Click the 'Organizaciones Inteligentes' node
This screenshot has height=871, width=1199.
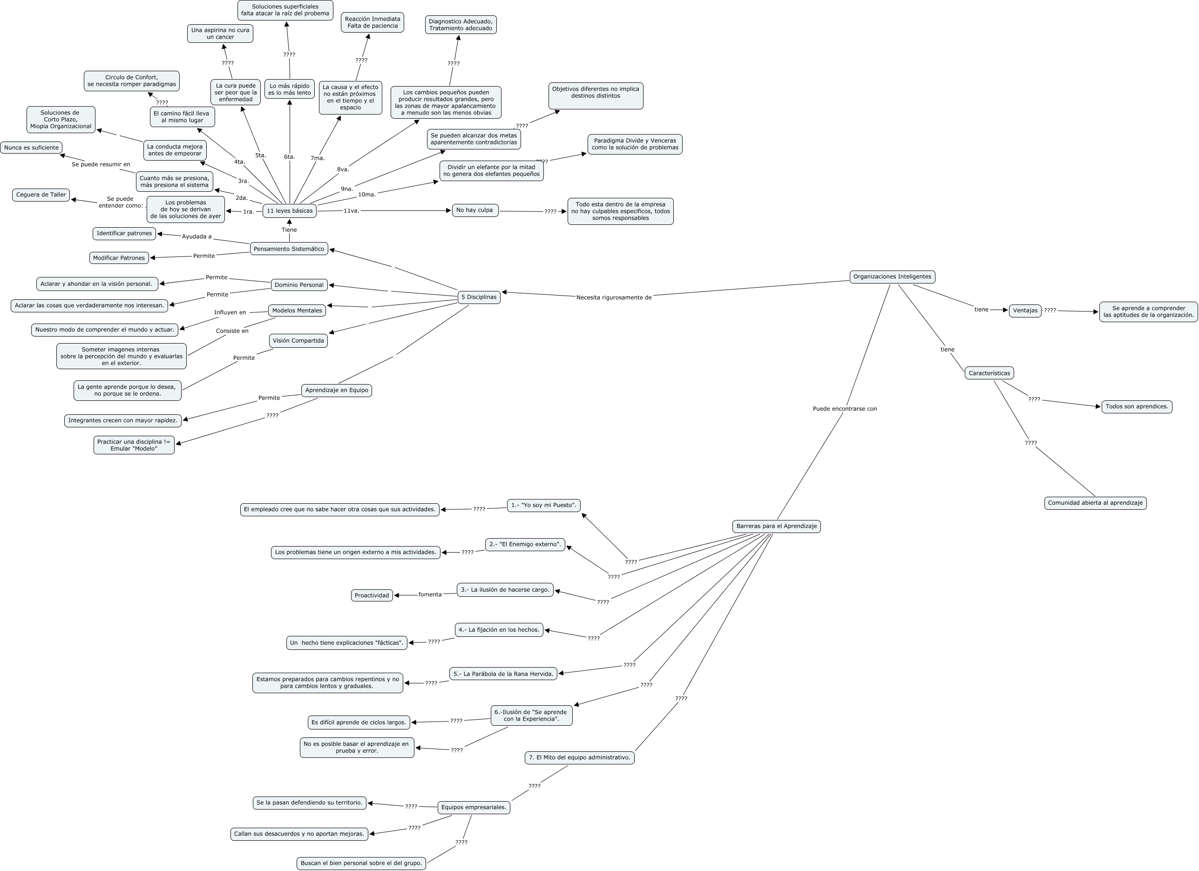pos(892,277)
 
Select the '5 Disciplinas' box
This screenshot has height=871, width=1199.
pos(479,297)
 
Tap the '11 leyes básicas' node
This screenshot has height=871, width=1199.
pos(290,211)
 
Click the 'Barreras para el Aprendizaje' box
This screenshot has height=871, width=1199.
pos(776,526)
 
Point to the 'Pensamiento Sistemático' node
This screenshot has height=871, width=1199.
pos(289,249)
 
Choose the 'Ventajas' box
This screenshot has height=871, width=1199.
pos(1025,311)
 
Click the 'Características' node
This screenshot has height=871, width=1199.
pos(989,373)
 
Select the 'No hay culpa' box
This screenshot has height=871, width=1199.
pos(475,210)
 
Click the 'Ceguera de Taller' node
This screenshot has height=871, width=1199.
pos(41,195)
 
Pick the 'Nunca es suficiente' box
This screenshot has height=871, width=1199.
pos(31,148)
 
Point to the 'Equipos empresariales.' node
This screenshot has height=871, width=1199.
pos(474,807)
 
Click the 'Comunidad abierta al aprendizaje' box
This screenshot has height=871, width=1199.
pos(1095,503)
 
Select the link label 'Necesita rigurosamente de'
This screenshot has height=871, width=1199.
pos(614,297)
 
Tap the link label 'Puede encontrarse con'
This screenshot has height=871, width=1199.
pos(845,409)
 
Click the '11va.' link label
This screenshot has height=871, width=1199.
pos(352,211)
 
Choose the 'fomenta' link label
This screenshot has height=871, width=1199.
pos(430,594)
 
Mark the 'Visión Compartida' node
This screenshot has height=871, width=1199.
pos(298,341)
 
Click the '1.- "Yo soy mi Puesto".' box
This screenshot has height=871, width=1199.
pos(543,505)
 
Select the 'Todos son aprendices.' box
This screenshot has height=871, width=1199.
pos(1137,407)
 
